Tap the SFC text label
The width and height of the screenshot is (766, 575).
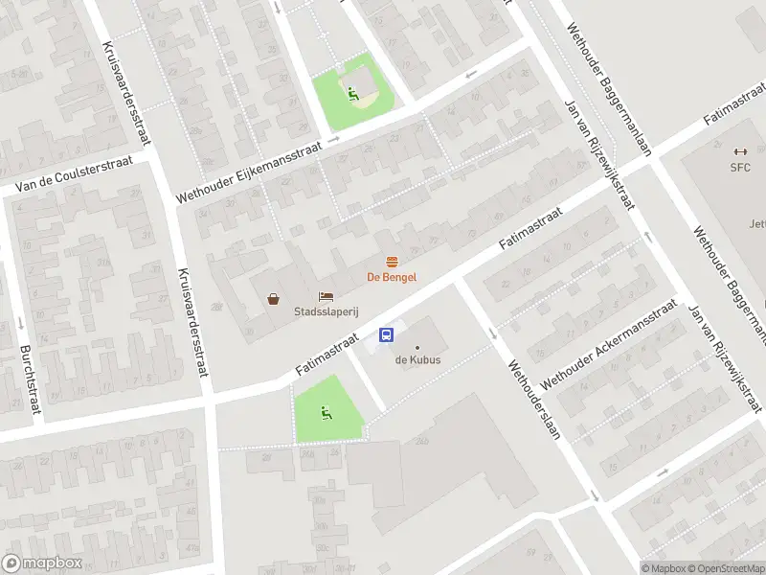tap(740, 168)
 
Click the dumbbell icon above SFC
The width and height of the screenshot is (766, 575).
tap(739, 151)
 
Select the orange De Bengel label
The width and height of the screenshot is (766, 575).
tap(392, 277)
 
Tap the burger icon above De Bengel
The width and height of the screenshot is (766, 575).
tap(391, 262)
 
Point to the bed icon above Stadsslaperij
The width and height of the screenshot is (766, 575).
tap(326, 297)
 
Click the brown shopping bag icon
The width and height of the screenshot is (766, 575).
tap(274, 299)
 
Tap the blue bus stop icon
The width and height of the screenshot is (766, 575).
tap(387, 334)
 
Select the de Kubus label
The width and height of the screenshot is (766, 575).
tap(417, 361)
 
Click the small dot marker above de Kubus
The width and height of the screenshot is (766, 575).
tap(417, 347)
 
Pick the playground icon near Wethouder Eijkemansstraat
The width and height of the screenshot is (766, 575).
tap(353, 94)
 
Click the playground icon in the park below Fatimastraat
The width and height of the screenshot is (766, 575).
tap(327, 413)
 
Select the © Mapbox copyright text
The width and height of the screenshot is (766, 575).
tap(664, 568)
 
